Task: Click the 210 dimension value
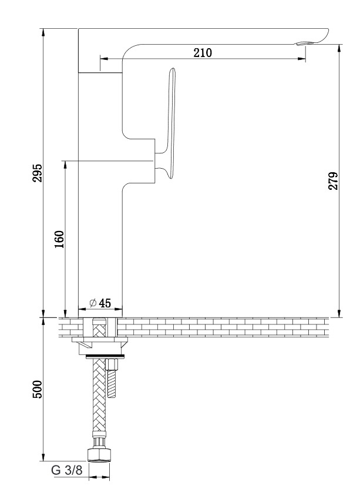[203, 52]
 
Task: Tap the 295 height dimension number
[38, 173]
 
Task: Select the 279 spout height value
[333, 181]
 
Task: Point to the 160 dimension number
[59, 239]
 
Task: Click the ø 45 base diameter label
[100, 303]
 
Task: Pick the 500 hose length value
[37, 389]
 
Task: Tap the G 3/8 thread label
[67, 470]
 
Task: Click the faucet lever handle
[168, 123]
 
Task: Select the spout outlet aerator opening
[304, 43]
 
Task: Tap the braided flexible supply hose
[99, 401]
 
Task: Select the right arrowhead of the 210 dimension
[301, 59]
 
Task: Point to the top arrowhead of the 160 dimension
[65, 165]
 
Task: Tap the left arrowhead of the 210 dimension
[105, 59]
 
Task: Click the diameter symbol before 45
[93, 303]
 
